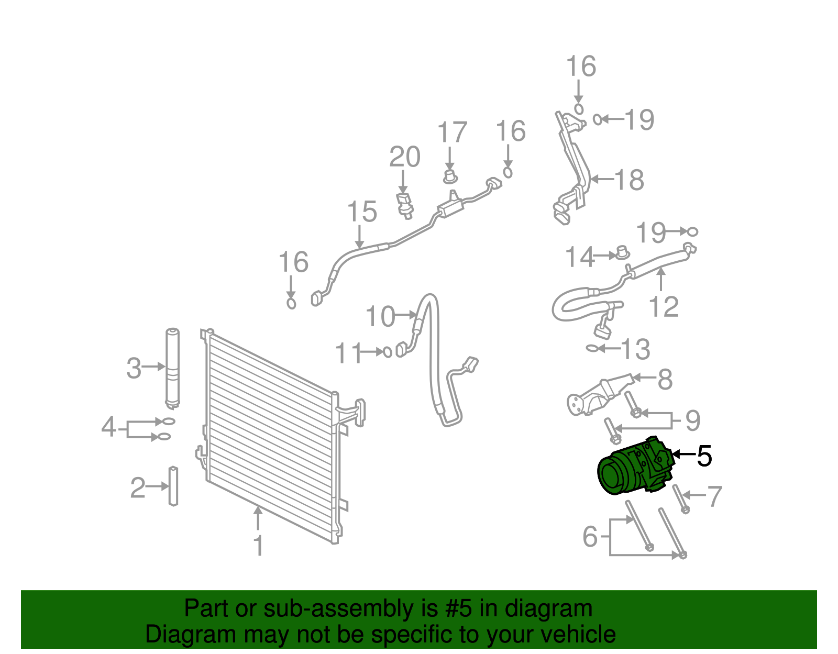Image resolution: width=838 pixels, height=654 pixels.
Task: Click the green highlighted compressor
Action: point(634,468)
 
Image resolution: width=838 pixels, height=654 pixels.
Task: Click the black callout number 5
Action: point(704,456)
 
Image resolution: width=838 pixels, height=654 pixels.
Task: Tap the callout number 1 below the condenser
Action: point(258,546)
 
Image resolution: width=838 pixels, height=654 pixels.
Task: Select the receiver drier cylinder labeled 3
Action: point(172,368)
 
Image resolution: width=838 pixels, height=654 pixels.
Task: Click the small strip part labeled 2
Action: point(173,486)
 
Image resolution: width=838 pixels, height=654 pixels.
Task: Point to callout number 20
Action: point(404,157)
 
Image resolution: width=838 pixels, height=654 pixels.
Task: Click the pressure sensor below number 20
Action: point(404,205)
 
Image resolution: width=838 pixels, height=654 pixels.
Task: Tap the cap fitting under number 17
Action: point(449,176)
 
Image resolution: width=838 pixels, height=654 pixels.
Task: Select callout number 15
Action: point(362,212)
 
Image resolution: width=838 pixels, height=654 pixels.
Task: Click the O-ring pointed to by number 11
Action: point(388,352)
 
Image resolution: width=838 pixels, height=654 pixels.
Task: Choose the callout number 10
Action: point(380,317)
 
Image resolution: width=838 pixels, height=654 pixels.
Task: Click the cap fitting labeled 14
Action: point(622,252)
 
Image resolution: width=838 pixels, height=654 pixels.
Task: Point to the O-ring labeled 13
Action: point(592,348)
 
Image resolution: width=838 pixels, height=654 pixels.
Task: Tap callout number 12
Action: point(663,307)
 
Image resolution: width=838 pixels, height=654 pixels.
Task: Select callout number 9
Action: point(692,420)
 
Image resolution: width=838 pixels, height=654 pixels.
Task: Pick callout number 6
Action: point(590,537)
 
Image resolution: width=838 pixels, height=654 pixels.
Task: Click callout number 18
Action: point(629,180)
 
